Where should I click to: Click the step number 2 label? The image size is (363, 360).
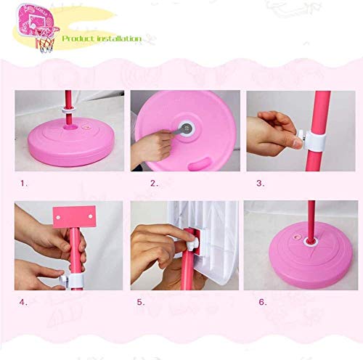pos(154,184)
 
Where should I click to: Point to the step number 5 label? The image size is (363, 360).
pos(141,300)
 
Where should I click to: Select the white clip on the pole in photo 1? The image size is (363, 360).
pos(73,108)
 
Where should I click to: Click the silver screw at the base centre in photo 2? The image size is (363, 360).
pos(187,129)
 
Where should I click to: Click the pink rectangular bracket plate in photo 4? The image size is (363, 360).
pos(73,217)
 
